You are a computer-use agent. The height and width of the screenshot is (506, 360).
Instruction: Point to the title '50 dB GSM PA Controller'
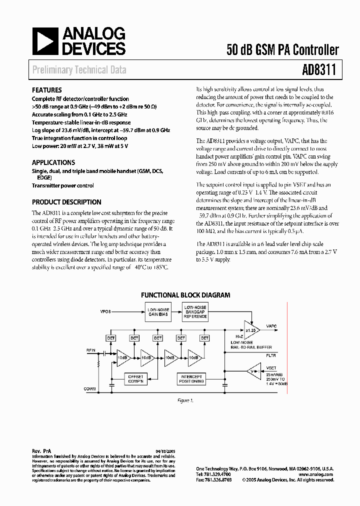(282, 50)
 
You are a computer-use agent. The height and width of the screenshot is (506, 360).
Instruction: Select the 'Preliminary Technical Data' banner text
(79, 70)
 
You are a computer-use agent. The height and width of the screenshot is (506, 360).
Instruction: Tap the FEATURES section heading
(47, 90)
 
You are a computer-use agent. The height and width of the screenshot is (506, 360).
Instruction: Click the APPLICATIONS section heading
(53, 162)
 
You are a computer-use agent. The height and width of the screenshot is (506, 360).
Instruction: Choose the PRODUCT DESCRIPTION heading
(66, 202)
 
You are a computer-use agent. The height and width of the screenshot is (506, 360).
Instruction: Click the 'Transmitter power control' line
(63, 185)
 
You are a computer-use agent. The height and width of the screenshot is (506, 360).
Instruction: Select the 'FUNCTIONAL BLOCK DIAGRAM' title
(185, 295)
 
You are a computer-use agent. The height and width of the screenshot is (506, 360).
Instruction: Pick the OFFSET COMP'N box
(135, 378)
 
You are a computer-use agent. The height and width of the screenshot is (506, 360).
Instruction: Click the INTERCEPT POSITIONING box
(191, 378)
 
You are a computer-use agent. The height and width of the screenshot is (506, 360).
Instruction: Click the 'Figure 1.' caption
(185, 400)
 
